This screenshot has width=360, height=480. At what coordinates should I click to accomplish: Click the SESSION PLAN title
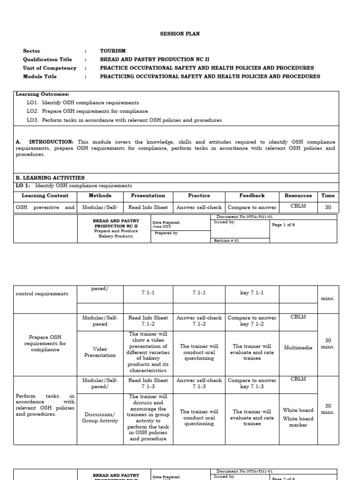point(180,34)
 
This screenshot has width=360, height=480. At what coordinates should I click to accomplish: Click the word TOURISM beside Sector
point(112,51)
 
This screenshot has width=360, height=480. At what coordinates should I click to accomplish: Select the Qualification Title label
point(47,60)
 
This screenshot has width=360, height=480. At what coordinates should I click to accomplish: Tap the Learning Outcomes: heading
point(42,94)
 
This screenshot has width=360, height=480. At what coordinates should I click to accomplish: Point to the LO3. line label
point(33,120)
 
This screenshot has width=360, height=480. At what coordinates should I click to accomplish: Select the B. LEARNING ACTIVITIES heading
point(50,178)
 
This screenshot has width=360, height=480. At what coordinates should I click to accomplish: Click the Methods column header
point(100,195)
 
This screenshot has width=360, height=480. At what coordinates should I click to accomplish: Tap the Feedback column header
point(252,195)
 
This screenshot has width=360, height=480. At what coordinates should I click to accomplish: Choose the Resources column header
point(298,195)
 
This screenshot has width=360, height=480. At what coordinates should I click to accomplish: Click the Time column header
point(328,195)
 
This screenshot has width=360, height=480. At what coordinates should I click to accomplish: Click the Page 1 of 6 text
point(283,225)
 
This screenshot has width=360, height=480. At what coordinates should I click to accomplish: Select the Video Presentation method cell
point(100,352)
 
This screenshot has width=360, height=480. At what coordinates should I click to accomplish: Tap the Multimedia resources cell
point(298,348)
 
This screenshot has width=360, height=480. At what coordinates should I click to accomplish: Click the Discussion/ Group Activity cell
point(100,418)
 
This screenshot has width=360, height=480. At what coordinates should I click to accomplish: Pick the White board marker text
point(298,422)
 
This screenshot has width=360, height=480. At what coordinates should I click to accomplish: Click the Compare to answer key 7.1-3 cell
point(252,383)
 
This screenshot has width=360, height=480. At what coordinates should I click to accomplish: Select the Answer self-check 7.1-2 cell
point(199,321)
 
